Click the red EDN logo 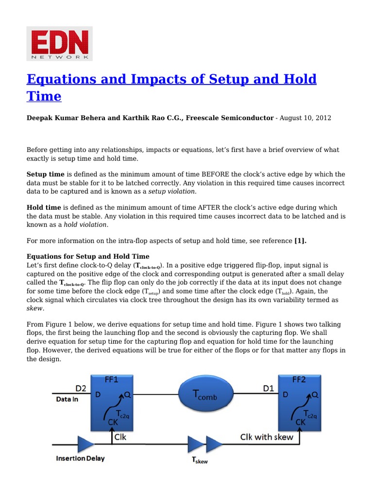pyautogui.click(x=59, y=44)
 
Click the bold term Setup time pyautogui.click(x=45, y=174)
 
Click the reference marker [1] pyautogui.click(x=301, y=241)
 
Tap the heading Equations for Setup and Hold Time pyautogui.click(x=88, y=256)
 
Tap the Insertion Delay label pyautogui.click(x=80, y=458)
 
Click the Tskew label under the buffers pyautogui.click(x=199, y=461)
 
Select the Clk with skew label pyautogui.click(x=267, y=437)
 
